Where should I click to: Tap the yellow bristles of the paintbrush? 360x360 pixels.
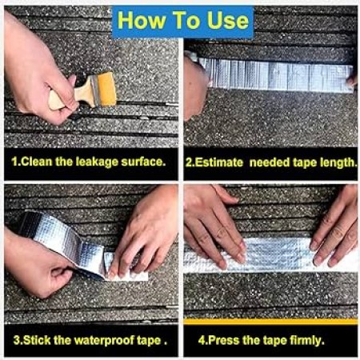click(x=106, y=90)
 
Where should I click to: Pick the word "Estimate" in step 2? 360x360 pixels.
click(x=218, y=162)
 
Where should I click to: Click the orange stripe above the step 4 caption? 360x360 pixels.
click(x=270, y=322)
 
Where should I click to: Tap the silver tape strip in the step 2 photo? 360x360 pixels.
click(x=278, y=74)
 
